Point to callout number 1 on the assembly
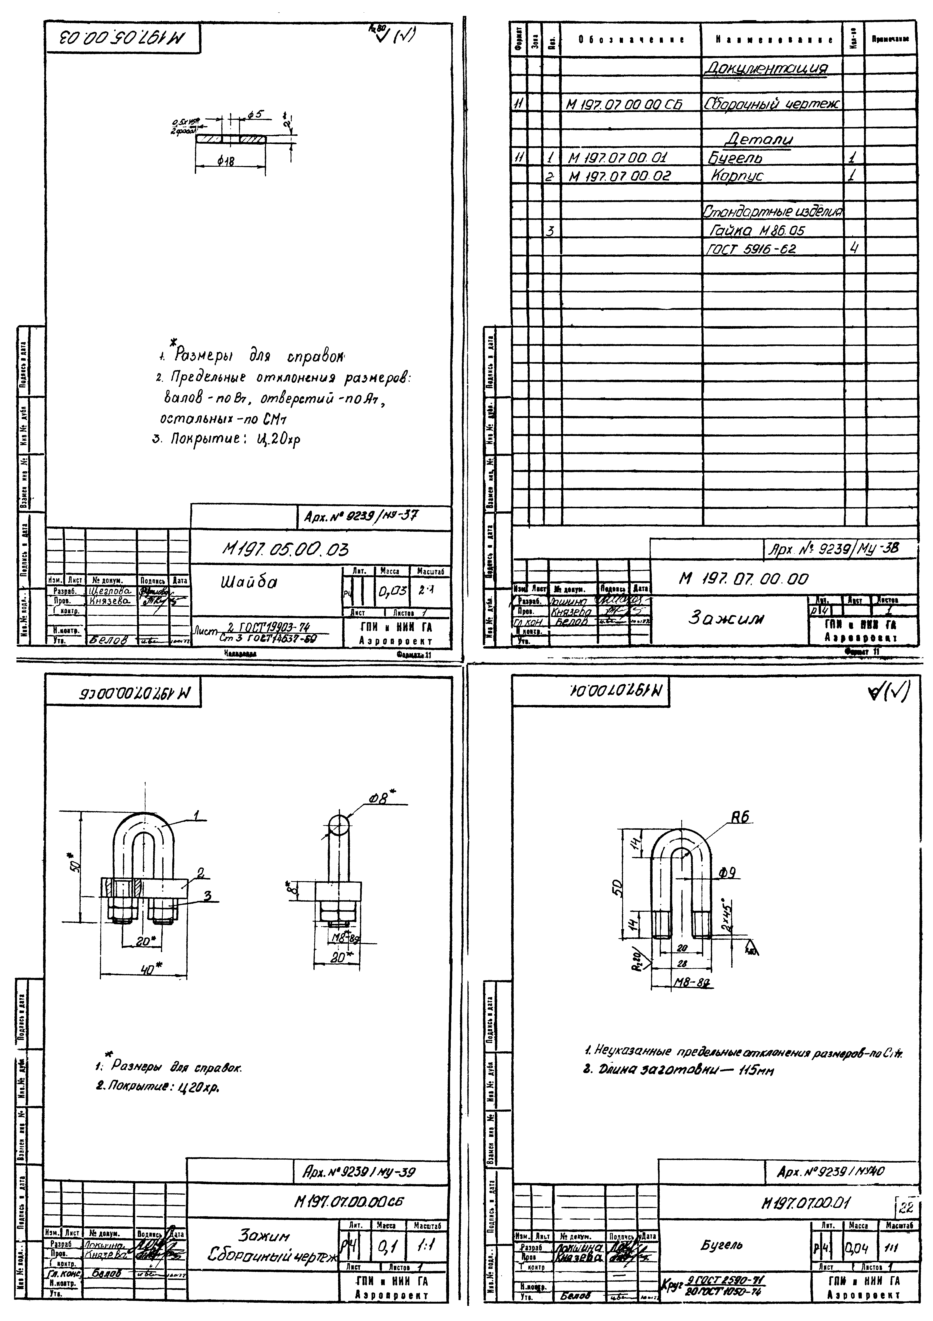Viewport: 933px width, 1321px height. (x=196, y=815)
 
